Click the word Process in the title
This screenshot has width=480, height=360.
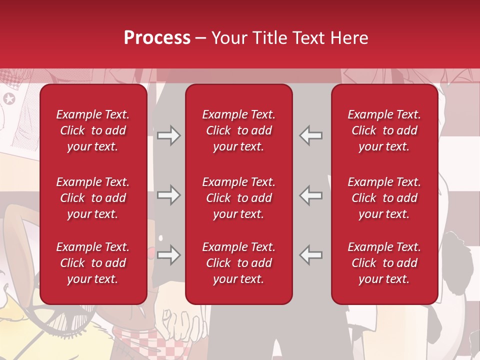coord(157,38)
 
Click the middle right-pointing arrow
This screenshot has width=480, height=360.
coord(168,195)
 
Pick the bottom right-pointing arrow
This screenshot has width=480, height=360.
coord(168,255)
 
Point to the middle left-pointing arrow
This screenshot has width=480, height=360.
coord(311,195)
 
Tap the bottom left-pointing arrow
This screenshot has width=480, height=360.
coord(311,255)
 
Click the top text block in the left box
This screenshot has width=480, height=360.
coord(93,130)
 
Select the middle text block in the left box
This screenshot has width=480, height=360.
coord(93,198)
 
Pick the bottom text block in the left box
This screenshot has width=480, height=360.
coord(93,263)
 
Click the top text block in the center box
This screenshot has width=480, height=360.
coord(239,130)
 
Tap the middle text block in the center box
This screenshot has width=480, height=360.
coord(239,198)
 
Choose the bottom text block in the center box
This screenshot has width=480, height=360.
coord(239,263)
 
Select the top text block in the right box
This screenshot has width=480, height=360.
coord(384,130)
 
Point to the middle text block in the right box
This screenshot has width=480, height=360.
coord(384,198)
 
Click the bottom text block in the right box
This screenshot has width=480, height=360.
coord(384,263)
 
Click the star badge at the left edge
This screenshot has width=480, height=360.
coord(9,98)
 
